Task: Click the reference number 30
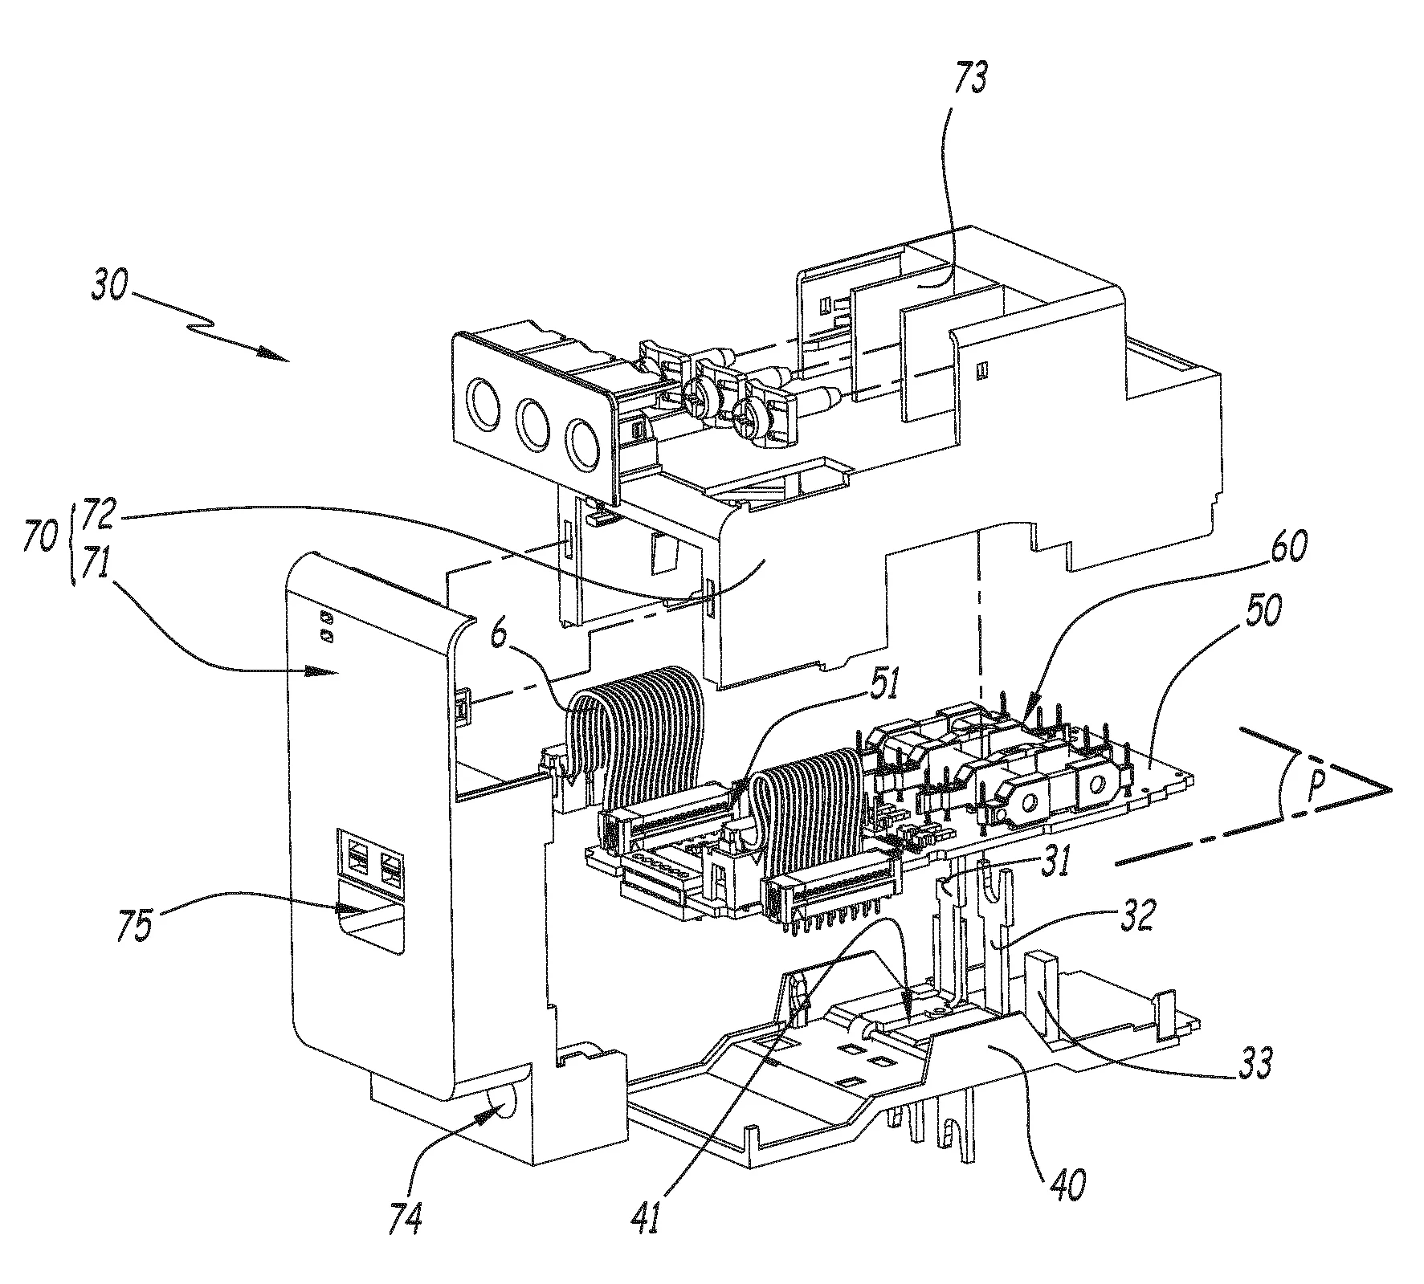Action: (x=108, y=287)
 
